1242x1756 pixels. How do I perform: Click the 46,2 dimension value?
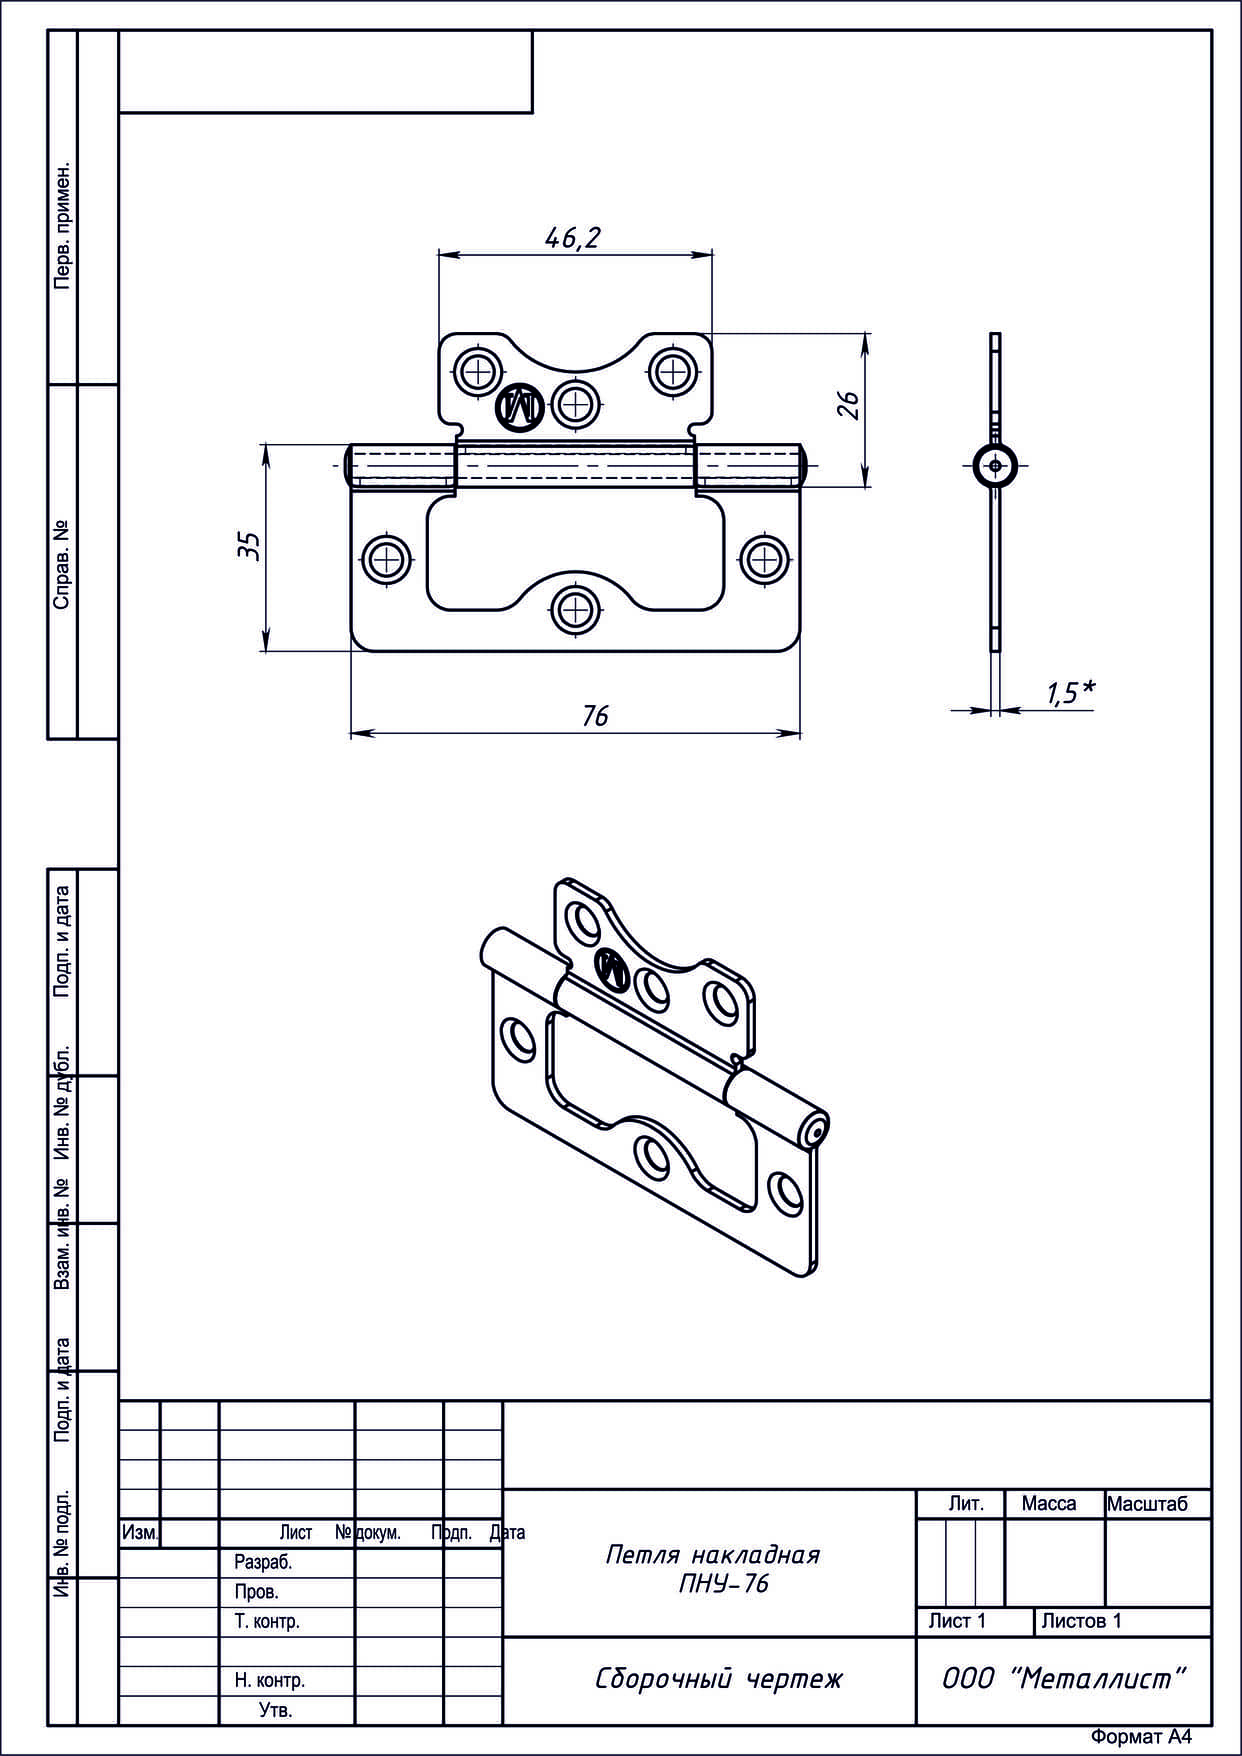(573, 237)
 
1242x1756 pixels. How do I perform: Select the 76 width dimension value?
(595, 716)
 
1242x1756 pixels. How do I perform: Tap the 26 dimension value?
(848, 405)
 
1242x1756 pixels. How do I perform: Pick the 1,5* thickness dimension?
(1070, 692)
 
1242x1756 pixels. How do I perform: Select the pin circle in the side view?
(996, 465)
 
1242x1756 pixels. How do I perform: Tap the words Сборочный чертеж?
(719, 1679)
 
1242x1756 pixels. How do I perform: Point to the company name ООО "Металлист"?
(1064, 1679)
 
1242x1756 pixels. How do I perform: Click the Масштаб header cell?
(1147, 1504)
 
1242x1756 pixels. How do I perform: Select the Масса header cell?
(1049, 1504)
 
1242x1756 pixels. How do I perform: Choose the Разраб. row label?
(263, 1562)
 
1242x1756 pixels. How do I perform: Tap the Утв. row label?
(276, 1710)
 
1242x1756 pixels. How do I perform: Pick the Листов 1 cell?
(1081, 1621)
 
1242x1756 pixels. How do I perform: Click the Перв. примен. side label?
(62, 224)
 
